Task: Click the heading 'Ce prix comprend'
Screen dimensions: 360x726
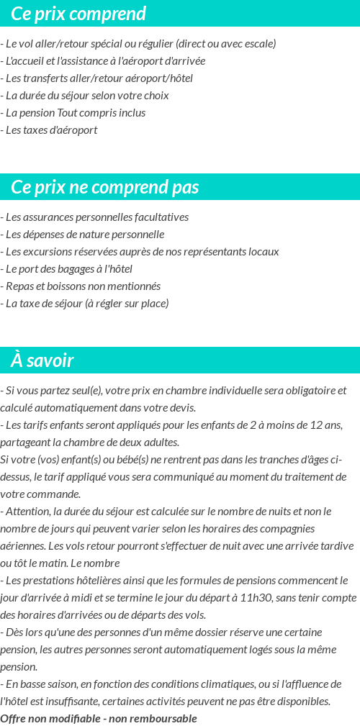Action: (78, 14)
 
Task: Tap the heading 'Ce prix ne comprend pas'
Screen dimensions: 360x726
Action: (105, 187)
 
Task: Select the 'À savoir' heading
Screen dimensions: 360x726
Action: (42, 360)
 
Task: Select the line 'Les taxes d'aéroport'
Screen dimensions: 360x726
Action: (50, 130)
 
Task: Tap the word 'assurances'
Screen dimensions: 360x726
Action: (48, 217)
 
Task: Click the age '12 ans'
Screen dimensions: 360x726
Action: (328, 425)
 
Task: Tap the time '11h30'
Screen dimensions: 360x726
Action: (261, 598)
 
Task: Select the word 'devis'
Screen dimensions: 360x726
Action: (181, 408)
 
